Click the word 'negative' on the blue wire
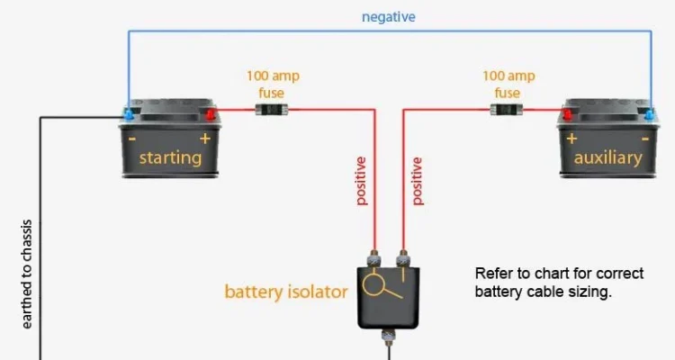389,17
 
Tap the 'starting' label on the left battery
170,158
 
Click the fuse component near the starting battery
269,110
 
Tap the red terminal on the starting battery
211,114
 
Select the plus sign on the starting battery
205,139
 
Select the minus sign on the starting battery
132,139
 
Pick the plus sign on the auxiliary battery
571,139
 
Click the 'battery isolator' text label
286,292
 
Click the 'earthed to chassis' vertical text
27,274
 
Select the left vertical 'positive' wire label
362,181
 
